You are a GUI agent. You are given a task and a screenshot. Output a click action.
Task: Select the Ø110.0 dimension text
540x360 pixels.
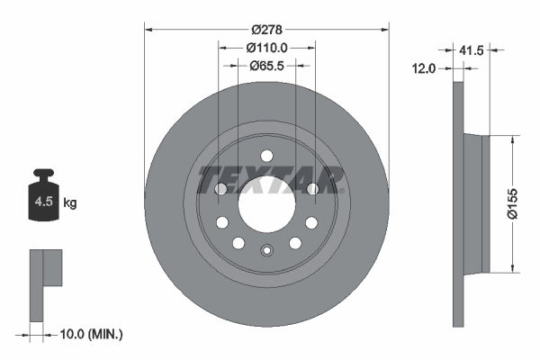tap(266, 48)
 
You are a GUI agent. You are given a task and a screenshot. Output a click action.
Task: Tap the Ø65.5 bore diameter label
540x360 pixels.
tap(266, 65)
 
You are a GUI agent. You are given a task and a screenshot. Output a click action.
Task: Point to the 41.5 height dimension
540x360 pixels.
tap(470, 51)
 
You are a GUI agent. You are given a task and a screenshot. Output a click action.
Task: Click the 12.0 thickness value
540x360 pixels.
tap(423, 68)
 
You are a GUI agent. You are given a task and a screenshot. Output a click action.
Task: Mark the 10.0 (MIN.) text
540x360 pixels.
tap(90, 334)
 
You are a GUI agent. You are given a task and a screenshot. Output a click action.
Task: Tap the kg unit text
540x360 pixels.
tap(70, 203)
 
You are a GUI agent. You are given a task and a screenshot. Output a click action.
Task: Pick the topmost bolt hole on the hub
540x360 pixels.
tap(266, 156)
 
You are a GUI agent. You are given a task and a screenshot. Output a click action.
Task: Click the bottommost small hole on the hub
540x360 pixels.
tap(266, 251)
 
